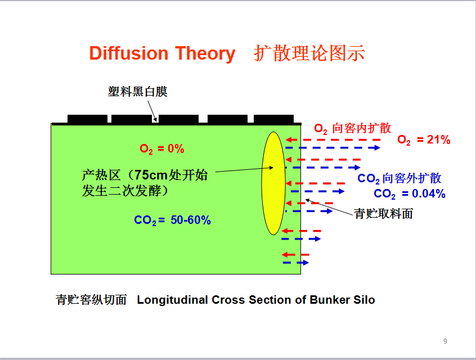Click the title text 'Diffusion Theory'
(x=162, y=53)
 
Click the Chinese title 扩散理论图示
(x=309, y=53)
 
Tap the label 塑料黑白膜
(x=137, y=91)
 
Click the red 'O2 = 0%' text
(x=162, y=148)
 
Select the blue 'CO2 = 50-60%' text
(x=172, y=220)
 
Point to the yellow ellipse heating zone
(x=273, y=183)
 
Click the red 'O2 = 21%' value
(x=424, y=139)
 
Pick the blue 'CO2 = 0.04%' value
(x=410, y=193)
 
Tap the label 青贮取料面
(x=383, y=214)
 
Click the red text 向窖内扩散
(x=362, y=128)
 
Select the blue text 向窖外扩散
(x=412, y=178)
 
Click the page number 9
(x=445, y=341)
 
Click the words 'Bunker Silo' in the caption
(x=343, y=300)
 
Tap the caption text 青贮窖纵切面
(x=91, y=300)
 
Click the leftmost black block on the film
(x=87, y=119)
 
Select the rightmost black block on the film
(x=273, y=119)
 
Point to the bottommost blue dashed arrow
(x=296, y=263)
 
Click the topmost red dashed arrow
(x=333, y=139)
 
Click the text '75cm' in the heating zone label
(x=151, y=175)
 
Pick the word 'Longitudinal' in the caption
(x=172, y=300)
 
